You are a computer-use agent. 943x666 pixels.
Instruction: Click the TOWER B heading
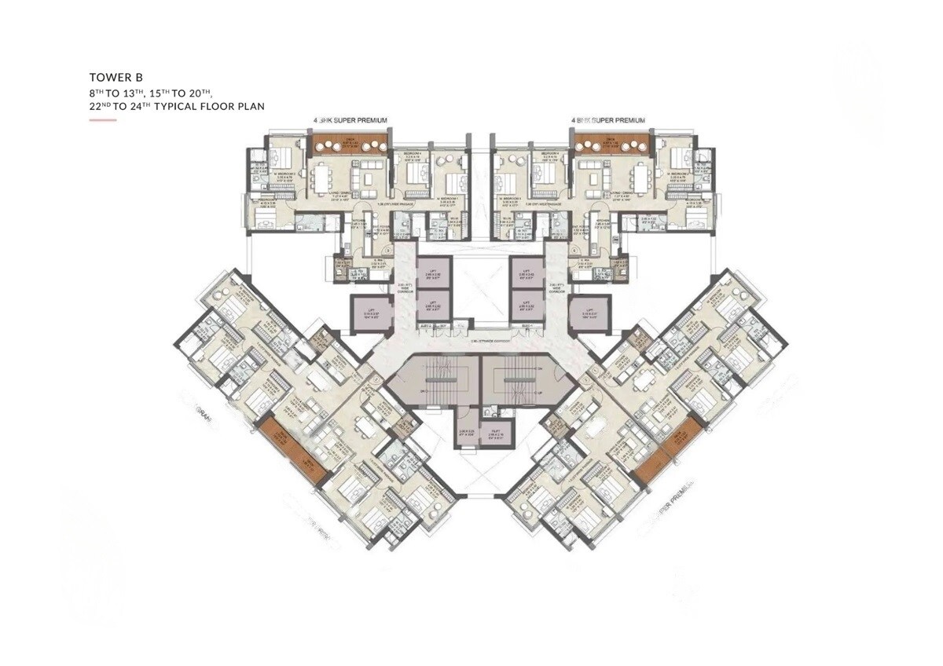click(x=116, y=79)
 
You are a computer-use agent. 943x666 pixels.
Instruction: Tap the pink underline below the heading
click(x=103, y=120)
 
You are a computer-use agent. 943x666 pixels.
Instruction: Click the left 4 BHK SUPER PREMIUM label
click(x=345, y=120)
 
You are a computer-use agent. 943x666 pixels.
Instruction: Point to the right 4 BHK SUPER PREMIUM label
click(x=609, y=120)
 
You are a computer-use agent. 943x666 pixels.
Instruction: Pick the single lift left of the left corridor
click(x=368, y=313)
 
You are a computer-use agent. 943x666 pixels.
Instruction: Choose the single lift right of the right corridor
click(x=589, y=309)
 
